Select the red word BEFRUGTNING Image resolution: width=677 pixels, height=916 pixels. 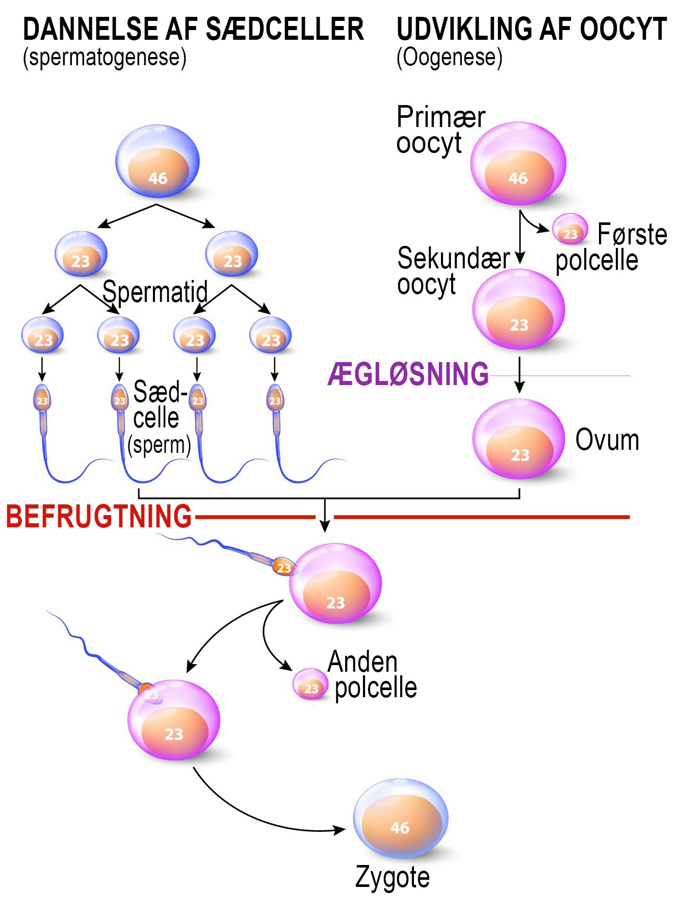coord(99,516)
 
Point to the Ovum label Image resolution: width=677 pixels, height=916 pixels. coord(607,440)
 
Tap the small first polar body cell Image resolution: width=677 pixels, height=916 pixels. coord(570,229)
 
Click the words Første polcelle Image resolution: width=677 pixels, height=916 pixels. coord(612,247)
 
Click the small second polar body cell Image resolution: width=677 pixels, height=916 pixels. coord(310,684)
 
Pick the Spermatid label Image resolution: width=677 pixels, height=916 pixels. coord(155,292)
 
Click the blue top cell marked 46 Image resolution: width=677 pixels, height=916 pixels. coord(158,162)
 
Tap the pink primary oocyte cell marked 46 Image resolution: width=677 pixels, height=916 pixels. coord(518,163)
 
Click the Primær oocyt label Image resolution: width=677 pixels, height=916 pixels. coord(440,130)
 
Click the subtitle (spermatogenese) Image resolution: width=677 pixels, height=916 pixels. coord(105,58)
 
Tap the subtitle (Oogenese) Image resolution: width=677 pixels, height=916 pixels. coord(449,58)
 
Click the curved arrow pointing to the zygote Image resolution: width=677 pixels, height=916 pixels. coord(255,814)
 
